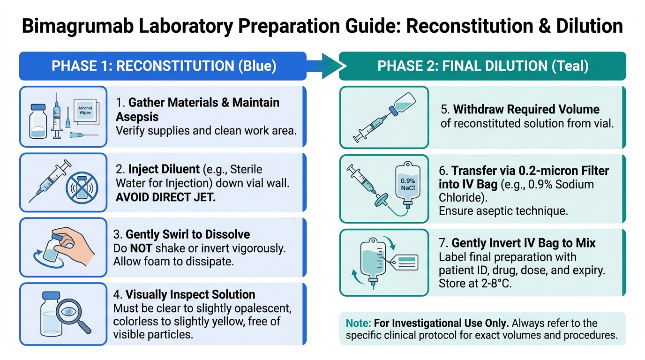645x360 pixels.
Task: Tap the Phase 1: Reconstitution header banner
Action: (x=163, y=66)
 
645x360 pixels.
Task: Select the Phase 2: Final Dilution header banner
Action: (x=482, y=66)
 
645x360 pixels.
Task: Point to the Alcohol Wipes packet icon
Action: (x=85, y=111)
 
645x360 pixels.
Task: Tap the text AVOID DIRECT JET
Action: (x=165, y=197)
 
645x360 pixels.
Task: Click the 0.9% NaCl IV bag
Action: (x=406, y=183)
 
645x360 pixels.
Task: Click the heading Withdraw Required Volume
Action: (x=526, y=109)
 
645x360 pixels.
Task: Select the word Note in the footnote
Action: (x=356, y=323)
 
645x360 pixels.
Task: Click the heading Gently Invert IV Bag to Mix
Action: (x=524, y=243)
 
